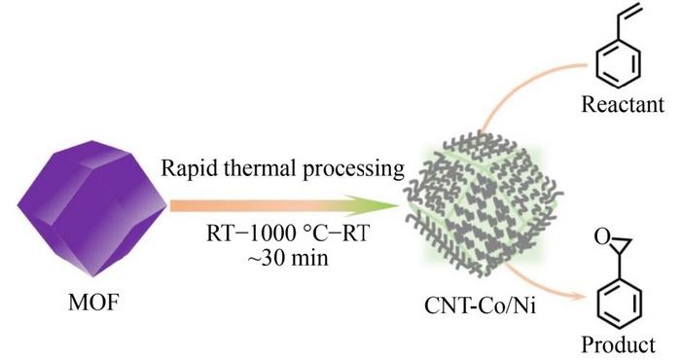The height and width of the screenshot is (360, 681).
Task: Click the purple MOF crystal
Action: [92, 208]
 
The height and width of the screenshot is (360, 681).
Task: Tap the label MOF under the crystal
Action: [93, 302]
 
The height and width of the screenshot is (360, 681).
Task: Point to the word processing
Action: [353, 169]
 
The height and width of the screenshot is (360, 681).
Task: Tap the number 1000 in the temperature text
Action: [270, 234]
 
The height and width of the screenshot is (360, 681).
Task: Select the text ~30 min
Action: [288, 258]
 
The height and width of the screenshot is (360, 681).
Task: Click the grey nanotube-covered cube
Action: [484, 204]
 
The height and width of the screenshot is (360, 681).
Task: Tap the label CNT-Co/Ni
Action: [480, 306]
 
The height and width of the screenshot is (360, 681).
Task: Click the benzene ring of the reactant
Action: [618, 63]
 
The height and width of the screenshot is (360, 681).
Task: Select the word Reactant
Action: [623, 104]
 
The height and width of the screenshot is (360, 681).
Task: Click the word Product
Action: [619, 344]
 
